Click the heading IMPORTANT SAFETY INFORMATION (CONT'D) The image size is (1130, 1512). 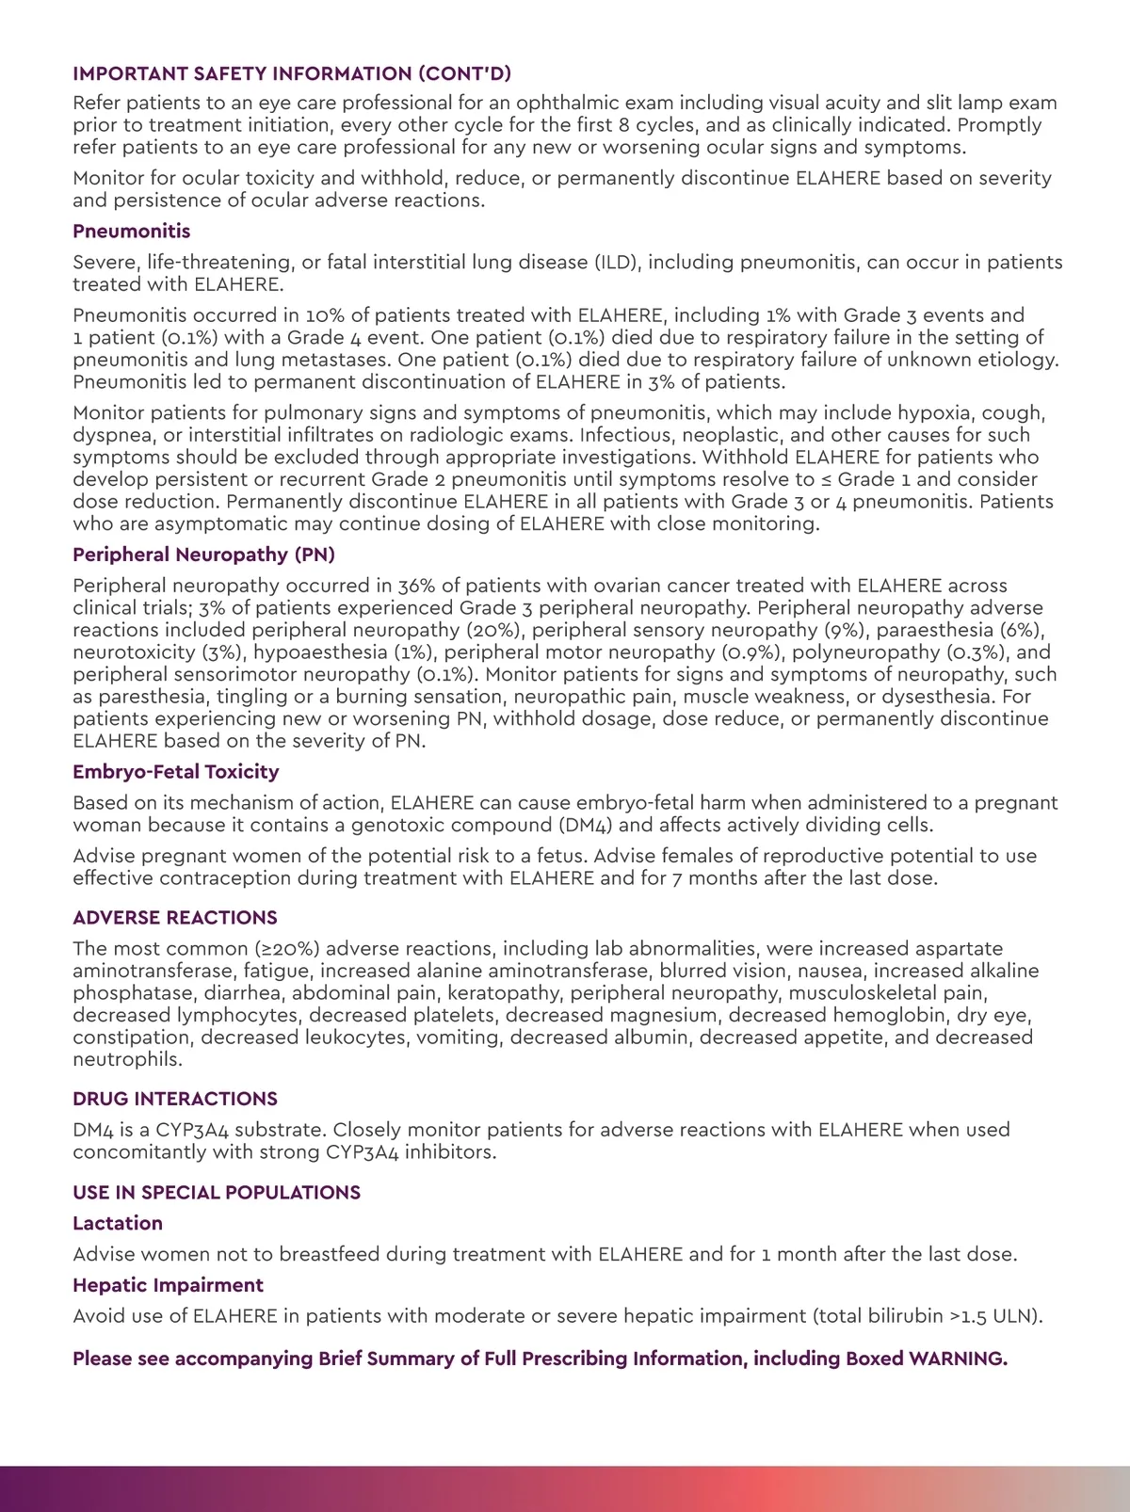tap(292, 73)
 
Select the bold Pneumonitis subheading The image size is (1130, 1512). tap(131, 231)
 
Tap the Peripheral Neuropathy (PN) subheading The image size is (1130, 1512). tap(203, 555)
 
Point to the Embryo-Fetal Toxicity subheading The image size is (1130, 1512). tap(176, 772)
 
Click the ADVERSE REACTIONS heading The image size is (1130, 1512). tap(175, 918)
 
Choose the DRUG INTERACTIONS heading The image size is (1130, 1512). tap(175, 1099)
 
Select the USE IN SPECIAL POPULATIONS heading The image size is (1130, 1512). tap(217, 1193)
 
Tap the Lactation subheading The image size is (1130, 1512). tap(118, 1223)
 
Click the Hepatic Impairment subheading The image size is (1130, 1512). tap(168, 1285)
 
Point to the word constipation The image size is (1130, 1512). tap(133, 1037)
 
